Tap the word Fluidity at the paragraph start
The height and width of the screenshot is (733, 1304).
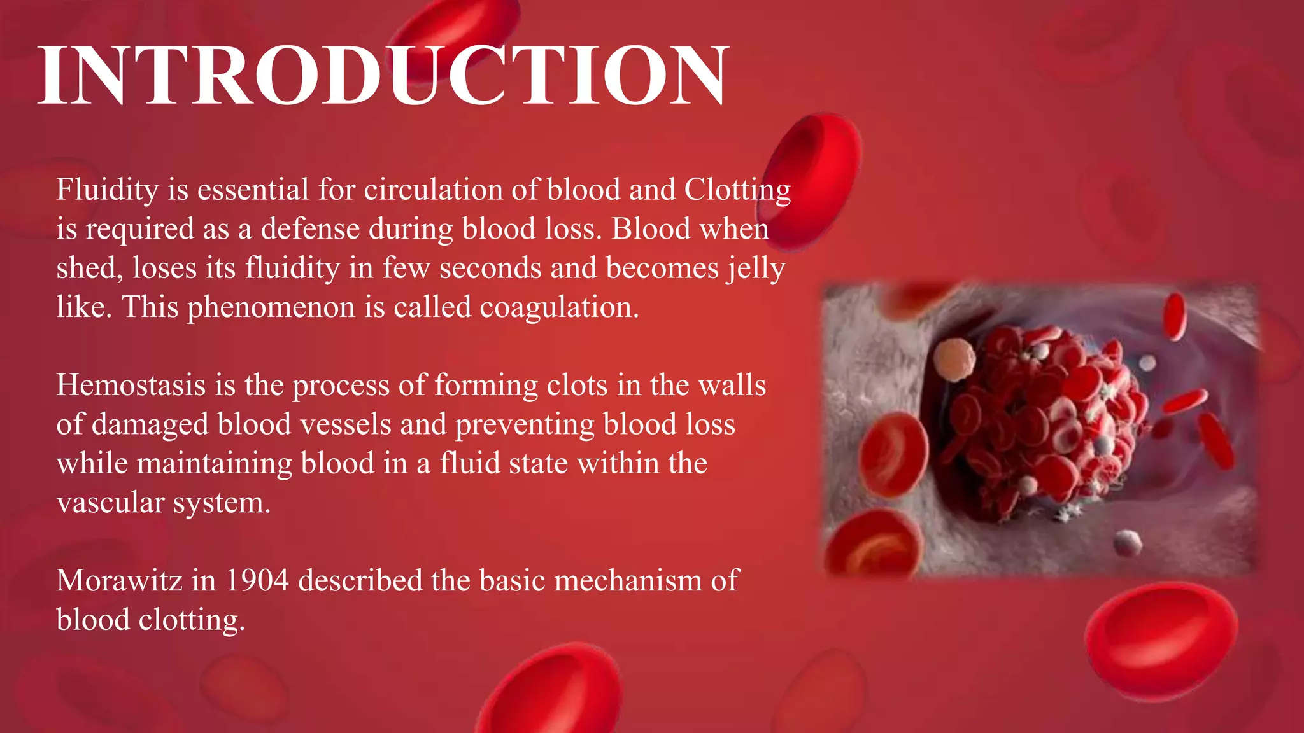107,190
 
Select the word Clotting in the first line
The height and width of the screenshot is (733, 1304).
737,190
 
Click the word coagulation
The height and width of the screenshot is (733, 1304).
558,307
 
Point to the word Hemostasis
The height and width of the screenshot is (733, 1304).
131,386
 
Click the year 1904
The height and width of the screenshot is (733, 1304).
257,581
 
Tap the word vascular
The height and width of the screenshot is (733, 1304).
110,503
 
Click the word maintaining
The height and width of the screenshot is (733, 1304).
215,464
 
